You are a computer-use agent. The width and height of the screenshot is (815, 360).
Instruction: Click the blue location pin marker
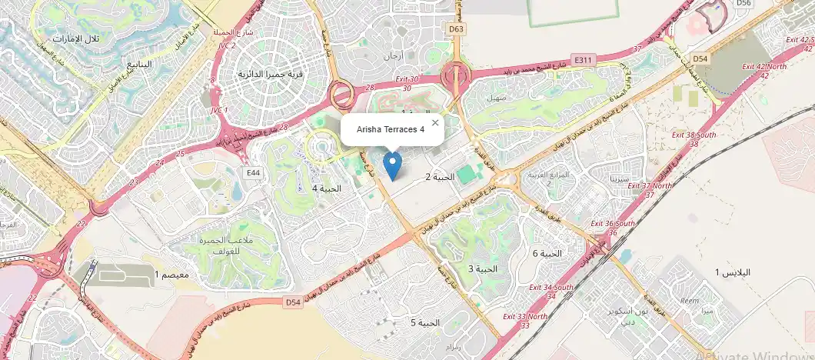point(392,165)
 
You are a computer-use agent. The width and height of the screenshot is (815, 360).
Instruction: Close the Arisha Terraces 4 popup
point(435,122)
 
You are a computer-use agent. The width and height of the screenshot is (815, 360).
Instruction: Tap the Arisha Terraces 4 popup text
point(391,129)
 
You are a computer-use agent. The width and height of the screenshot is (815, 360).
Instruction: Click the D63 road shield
point(457,29)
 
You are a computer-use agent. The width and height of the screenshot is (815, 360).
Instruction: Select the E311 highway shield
point(584,58)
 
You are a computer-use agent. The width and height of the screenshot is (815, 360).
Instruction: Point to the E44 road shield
point(252,173)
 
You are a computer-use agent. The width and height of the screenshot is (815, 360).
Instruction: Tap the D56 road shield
point(743,3)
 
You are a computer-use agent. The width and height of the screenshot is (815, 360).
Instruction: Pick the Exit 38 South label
point(694,135)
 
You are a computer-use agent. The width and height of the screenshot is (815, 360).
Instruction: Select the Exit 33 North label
point(526,317)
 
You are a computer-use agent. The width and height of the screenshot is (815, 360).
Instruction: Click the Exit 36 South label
point(613,224)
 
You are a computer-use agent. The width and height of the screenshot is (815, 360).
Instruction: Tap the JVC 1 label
point(219,110)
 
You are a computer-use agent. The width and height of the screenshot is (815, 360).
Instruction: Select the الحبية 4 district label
point(326,188)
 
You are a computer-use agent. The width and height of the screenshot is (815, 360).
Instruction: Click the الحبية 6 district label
point(547,253)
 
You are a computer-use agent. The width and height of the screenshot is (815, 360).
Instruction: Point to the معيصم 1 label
point(172,275)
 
